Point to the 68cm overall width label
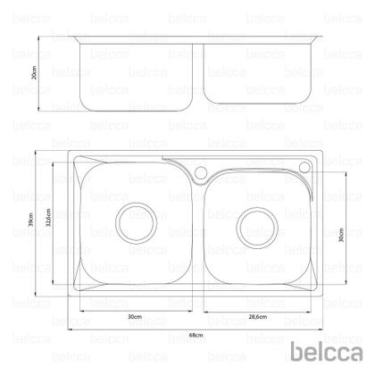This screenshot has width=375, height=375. click(196, 334)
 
